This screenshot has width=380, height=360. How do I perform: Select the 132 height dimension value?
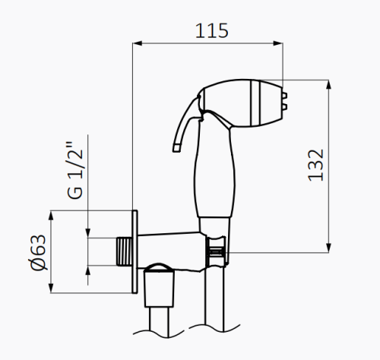pos(317,165)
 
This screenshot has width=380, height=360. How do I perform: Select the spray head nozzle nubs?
pos(286,99)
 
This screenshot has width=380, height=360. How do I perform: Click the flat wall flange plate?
pos(135,251)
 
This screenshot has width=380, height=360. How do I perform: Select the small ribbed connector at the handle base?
pos(217,250)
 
